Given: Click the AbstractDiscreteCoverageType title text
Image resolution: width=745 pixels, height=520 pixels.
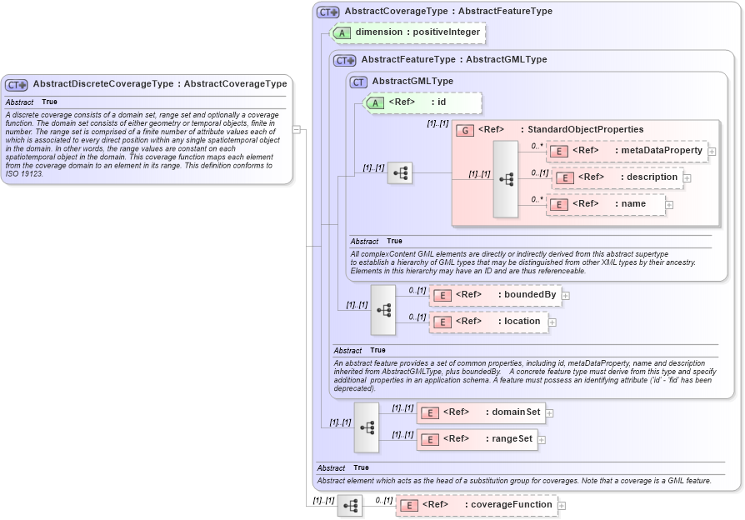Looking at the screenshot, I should pos(159,84).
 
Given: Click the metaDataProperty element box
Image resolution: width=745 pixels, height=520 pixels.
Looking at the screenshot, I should pos(627,151).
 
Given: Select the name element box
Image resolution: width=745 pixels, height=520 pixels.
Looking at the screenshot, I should pos(606,204).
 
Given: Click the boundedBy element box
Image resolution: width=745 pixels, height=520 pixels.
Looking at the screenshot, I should pos(495,295).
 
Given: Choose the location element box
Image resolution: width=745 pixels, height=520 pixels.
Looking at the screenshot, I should pos(488,322).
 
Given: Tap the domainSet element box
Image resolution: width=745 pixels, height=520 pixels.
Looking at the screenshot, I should pos(481,412).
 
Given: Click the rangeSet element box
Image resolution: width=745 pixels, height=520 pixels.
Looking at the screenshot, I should pos(477,439).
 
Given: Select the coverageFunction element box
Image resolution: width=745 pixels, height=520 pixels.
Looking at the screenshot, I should pos(476,505).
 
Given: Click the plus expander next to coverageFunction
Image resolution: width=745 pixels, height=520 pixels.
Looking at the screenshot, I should pos(562,505).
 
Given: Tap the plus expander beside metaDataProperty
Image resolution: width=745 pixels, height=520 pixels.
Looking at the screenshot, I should pos(712,151).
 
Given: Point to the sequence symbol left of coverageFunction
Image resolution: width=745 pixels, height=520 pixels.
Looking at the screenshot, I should pos(350,506).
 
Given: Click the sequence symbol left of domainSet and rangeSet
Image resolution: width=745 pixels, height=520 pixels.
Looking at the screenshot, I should pos(366,426).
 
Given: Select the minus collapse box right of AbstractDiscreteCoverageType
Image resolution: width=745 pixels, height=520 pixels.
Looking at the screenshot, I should pos(296,129).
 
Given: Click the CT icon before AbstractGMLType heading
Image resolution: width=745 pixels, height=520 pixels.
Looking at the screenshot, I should pos(358,82).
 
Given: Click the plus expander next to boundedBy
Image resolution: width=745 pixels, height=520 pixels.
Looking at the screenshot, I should pos(566,295).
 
